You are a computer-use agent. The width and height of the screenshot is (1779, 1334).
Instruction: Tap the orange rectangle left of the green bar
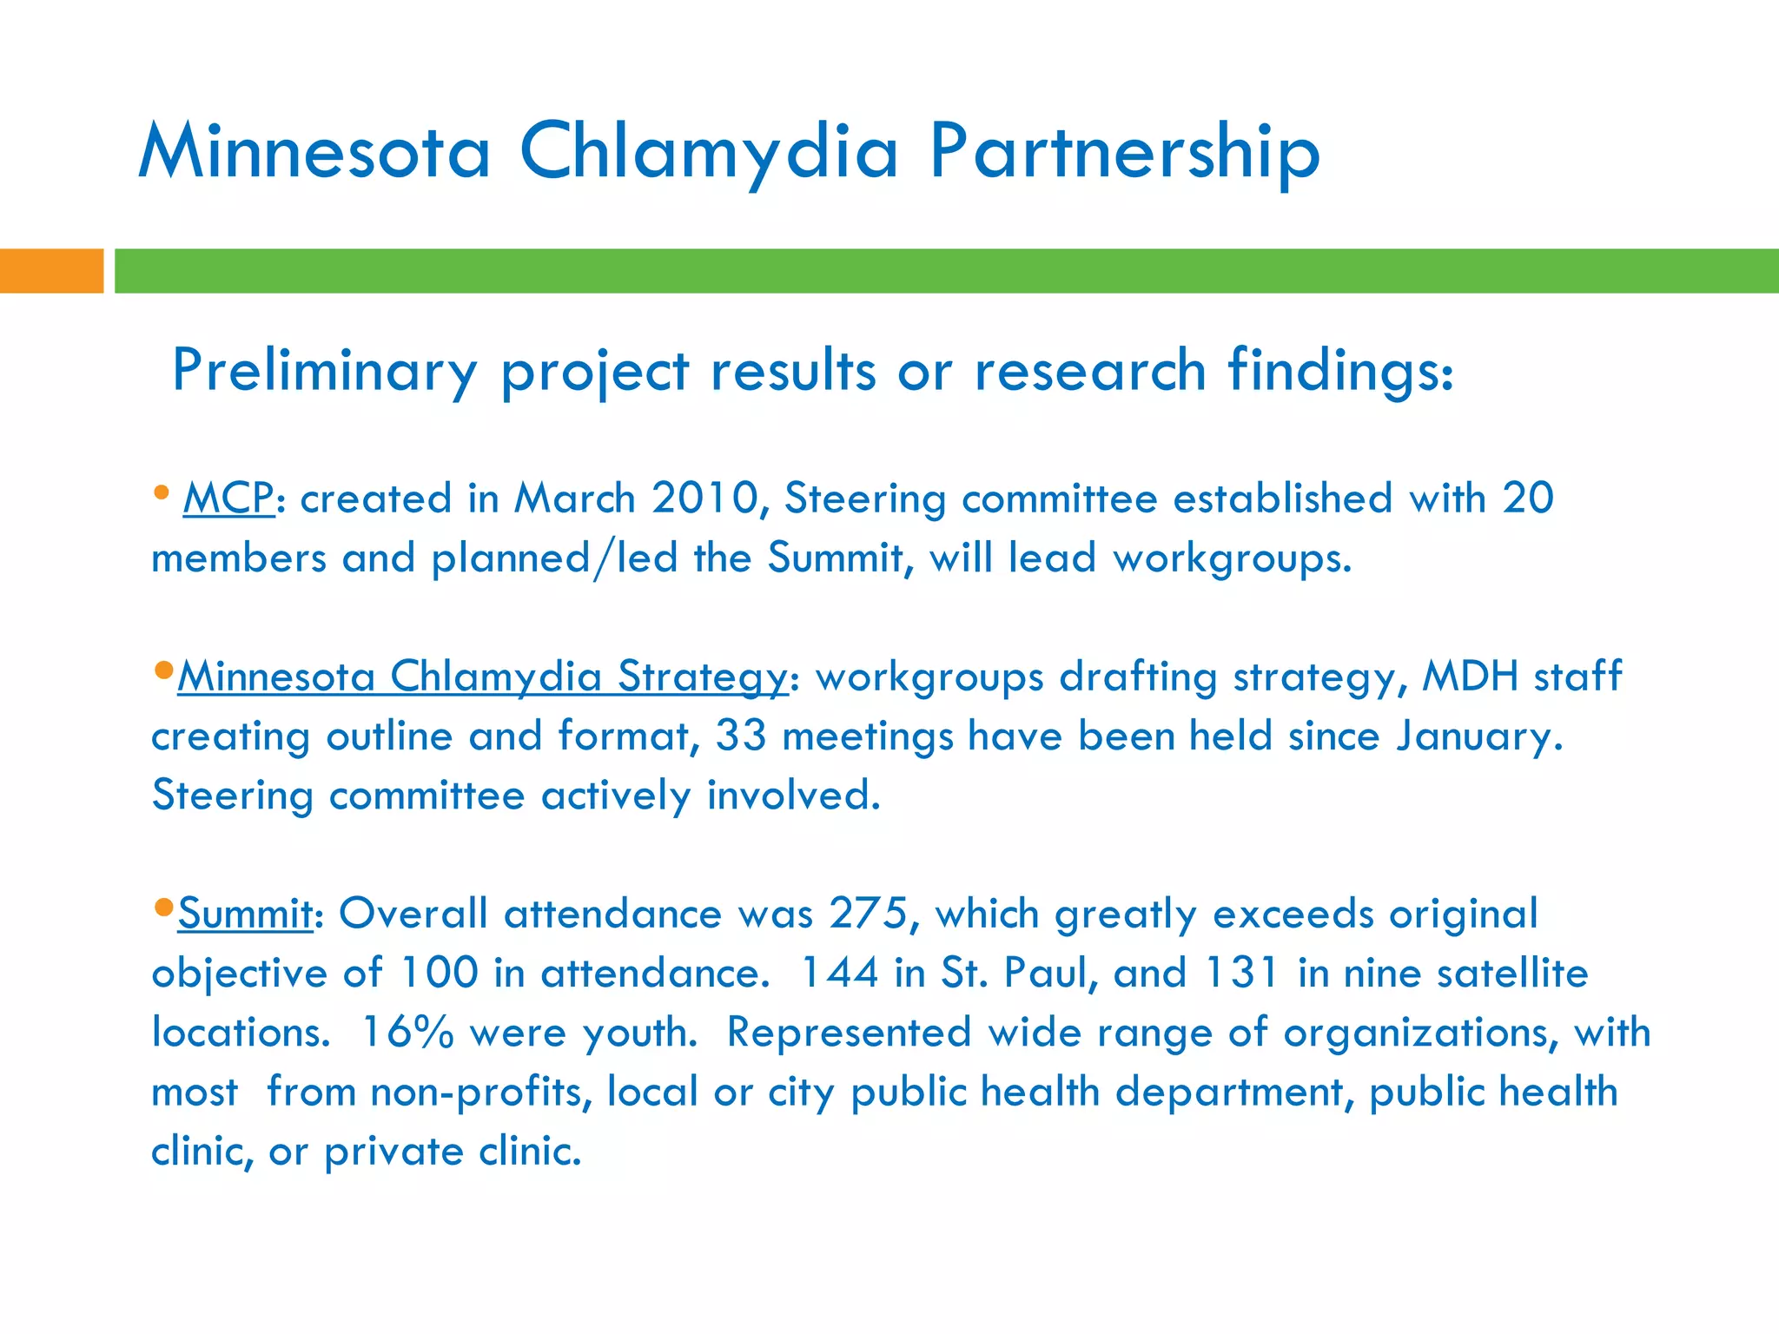(51, 271)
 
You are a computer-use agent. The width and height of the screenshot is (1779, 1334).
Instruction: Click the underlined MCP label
(228, 499)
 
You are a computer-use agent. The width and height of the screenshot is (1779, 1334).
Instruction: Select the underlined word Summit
(245, 914)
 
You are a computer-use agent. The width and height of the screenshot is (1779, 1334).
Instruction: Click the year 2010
(704, 499)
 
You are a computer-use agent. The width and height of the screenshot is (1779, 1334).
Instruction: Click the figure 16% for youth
(407, 1033)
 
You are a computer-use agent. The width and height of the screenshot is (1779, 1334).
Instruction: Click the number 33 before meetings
(741, 736)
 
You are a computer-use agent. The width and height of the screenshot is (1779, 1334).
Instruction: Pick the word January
(1479, 736)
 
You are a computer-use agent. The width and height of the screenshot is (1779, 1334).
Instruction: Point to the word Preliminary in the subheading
(325, 371)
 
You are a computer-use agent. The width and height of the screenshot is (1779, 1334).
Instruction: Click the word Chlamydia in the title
(708, 153)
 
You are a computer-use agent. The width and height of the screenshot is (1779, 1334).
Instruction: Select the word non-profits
(481, 1092)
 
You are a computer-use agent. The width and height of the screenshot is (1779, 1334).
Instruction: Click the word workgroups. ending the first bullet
(1233, 558)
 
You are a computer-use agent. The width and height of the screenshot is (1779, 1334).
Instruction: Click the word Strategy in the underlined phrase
(702, 676)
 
